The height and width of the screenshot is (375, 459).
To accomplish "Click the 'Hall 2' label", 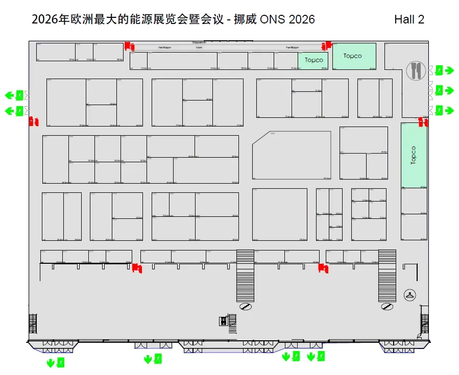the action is pyautogui.click(x=409, y=19).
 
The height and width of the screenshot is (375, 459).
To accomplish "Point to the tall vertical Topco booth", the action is pyautogui.click(x=414, y=155).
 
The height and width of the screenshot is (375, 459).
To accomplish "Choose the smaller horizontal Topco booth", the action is pyautogui.click(x=313, y=60).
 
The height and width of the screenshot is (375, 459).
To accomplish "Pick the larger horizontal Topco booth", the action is pyautogui.click(x=354, y=56).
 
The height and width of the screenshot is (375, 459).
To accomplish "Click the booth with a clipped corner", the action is pyautogui.click(x=292, y=155).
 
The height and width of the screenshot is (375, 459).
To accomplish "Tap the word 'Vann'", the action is pyautogui.click(x=228, y=47).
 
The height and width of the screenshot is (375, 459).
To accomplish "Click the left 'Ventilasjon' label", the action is pyautogui.click(x=164, y=47).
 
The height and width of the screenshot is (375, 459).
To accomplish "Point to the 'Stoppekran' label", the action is pyautogui.click(x=199, y=42).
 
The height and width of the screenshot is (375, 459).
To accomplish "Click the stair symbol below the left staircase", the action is pyautogui.click(x=246, y=306).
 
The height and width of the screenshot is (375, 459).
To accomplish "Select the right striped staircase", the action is pyautogui.click(x=387, y=275).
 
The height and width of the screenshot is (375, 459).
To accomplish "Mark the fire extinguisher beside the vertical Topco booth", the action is pyautogui.click(x=423, y=121).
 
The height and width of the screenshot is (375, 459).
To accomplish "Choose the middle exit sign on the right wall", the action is pyautogui.click(x=439, y=91).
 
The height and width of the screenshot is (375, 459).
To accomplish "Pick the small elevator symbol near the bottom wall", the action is pyautogui.click(x=223, y=321).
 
